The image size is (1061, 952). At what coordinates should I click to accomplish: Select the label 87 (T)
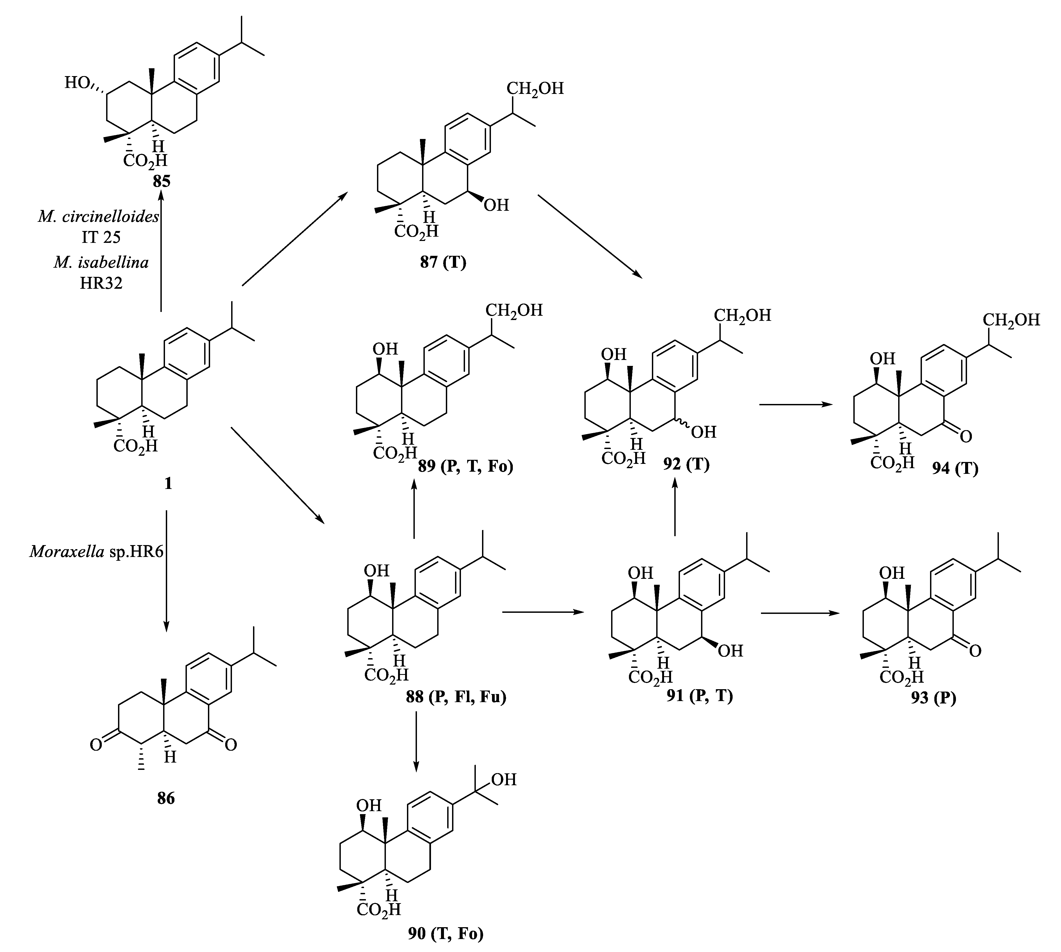(x=443, y=261)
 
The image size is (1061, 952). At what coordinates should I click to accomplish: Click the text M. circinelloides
(x=98, y=216)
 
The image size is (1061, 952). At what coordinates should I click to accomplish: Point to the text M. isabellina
(x=101, y=261)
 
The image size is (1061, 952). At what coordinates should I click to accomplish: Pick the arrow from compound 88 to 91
(x=543, y=611)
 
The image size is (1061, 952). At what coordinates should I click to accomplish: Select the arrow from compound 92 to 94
(x=796, y=404)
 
